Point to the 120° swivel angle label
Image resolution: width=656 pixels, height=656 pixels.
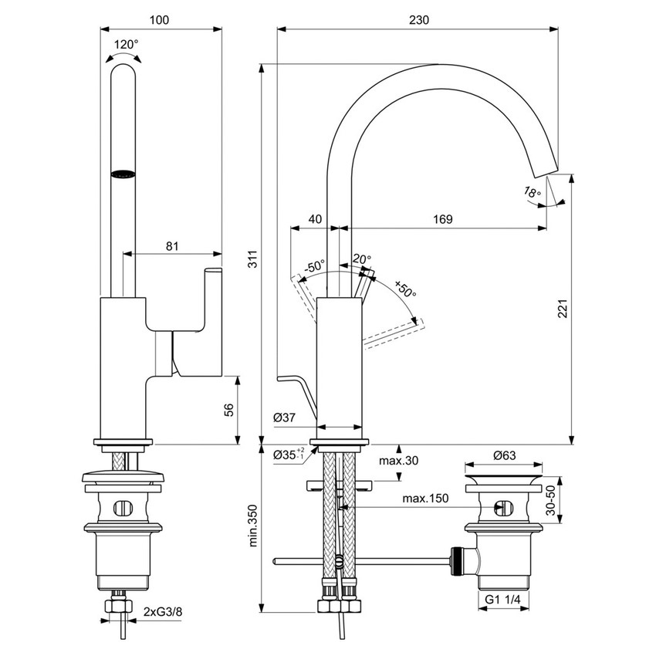point(127,44)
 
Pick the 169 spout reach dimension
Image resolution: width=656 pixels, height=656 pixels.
point(442,219)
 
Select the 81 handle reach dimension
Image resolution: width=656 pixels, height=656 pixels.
point(172,246)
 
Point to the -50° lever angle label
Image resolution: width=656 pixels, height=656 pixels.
point(313,265)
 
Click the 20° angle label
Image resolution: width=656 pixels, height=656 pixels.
point(362,259)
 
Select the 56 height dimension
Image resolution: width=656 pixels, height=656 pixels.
point(250,410)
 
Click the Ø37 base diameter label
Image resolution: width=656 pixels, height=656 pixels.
point(285,418)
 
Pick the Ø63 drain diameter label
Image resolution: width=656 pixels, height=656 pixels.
point(504,455)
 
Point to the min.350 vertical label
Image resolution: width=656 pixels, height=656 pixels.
point(252,525)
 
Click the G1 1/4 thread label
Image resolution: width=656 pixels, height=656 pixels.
point(504,598)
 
